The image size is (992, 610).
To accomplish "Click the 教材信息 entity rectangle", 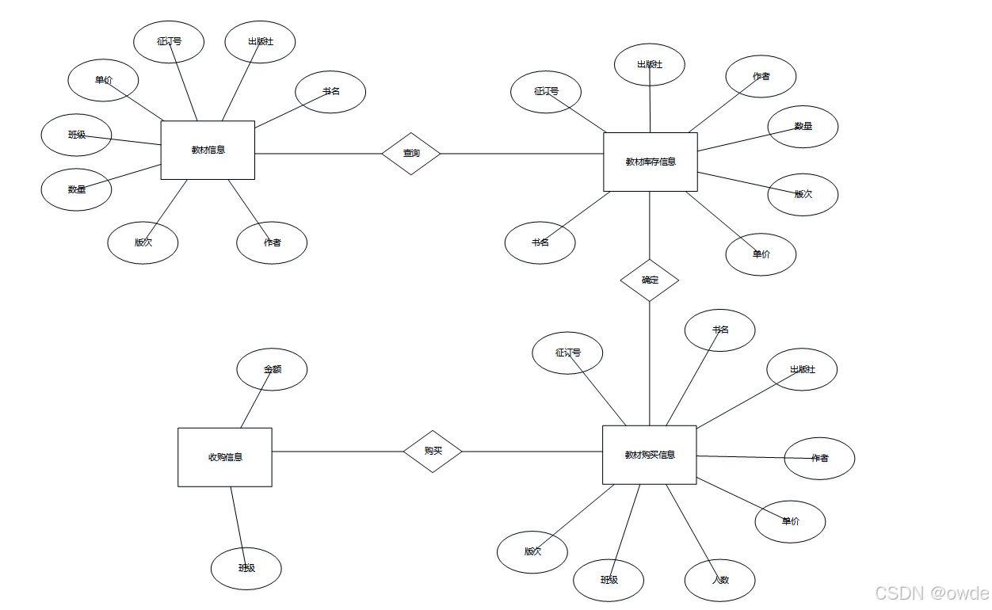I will tap(208, 150).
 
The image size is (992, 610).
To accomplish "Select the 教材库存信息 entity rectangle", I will tap(650, 162).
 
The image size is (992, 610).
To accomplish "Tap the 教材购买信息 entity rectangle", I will tap(649, 455).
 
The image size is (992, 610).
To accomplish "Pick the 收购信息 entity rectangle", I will tap(225, 457).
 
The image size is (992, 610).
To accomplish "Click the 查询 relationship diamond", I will tap(410, 153).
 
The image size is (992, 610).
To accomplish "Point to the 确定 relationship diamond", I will tap(650, 280).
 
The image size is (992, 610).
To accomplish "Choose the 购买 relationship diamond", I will tap(433, 451).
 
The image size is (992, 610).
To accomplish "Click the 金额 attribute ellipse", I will tap(272, 369).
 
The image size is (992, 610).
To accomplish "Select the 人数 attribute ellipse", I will tap(719, 580).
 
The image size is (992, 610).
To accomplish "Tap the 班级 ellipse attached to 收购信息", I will tap(246, 568).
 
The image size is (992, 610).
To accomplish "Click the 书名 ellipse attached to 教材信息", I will tap(330, 92).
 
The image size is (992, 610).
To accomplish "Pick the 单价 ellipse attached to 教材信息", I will tap(103, 80).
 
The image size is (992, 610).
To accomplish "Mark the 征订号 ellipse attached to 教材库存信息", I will tap(546, 92).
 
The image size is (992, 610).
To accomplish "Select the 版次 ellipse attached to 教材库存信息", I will tap(803, 194).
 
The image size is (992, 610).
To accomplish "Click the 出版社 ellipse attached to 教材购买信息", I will tap(802, 369).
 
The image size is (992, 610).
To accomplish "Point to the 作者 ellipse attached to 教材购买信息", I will tap(819, 458).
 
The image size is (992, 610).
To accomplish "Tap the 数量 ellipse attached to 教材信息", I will tap(76, 189).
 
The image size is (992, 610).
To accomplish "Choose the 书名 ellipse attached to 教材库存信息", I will tap(540, 242).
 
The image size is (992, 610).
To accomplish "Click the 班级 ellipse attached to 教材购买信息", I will tap(609, 580).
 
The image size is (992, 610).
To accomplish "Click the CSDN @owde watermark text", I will tap(932, 593).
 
